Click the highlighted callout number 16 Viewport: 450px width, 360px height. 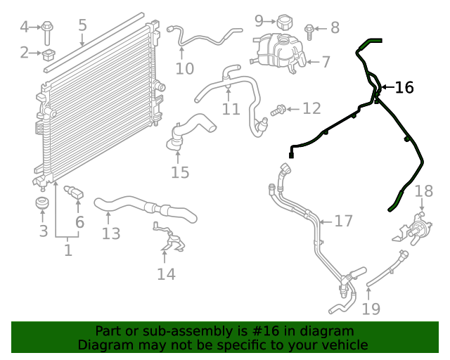[x=404, y=87]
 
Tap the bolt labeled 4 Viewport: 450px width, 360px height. [x=47, y=33]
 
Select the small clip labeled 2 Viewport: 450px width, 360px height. [x=49, y=55]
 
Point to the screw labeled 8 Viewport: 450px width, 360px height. [x=309, y=32]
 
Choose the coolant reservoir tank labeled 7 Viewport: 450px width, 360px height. [x=278, y=53]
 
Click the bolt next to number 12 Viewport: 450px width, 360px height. [x=278, y=110]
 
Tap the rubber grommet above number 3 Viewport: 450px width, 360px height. [x=42, y=203]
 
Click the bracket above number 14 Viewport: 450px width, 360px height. [x=169, y=236]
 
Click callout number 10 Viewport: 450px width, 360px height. [x=184, y=69]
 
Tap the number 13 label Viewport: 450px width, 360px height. [x=111, y=233]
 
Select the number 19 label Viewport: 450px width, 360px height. [x=371, y=309]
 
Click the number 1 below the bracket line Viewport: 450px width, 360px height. [x=68, y=250]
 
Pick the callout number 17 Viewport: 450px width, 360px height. [x=343, y=221]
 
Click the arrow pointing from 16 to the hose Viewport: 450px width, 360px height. [x=387, y=87]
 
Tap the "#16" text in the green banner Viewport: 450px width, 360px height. [x=266, y=331]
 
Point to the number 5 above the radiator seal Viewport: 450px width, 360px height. [x=82, y=25]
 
